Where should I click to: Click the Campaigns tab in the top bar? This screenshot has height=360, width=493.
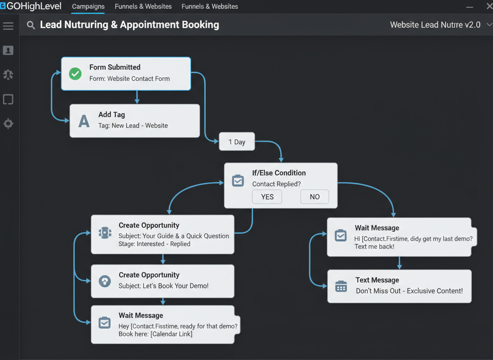click(x=88, y=7)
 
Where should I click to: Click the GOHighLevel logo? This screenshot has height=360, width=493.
click(x=31, y=6)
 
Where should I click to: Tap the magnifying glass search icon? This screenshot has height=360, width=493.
click(x=30, y=25)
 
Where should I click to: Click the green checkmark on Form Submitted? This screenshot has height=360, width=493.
click(x=75, y=74)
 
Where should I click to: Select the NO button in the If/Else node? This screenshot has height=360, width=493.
click(x=315, y=197)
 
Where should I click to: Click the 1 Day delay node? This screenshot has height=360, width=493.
click(x=237, y=142)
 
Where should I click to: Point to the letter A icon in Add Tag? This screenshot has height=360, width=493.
click(x=84, y=121)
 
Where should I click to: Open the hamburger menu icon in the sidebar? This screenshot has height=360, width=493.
click(x=8, y=26)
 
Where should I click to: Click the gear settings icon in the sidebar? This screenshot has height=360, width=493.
click(x=8, y=124)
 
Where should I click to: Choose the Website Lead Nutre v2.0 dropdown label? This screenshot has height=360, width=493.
click(x=435, y=25)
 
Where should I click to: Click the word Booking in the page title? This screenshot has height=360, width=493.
click(x=201, y=25)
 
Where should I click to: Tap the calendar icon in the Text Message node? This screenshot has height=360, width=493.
click(x=341, y=286)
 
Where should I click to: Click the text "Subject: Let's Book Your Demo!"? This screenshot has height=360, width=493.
click(x=164, y=286)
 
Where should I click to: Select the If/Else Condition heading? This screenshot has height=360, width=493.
click(x=279, y=173)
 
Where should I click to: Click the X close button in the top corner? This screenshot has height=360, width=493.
click(x=489, y=6)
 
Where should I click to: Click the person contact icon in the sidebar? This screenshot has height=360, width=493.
click(x=8, y=50)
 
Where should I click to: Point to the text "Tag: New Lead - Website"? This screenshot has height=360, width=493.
click(x=133, y=125)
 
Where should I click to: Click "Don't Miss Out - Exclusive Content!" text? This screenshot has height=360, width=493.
click(x=409, y=291)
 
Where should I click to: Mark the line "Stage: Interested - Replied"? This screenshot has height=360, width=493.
click(x=154, y=244)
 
